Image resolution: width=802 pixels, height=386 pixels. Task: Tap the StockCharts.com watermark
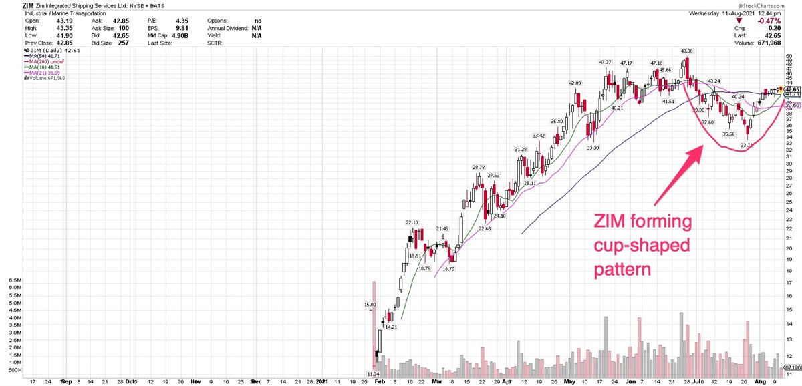pos(771,5)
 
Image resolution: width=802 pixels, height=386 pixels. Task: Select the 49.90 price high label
pos(687,51)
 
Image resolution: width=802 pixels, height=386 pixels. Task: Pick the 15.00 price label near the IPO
pos(370,305)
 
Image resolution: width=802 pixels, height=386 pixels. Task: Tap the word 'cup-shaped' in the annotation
pos(641,246)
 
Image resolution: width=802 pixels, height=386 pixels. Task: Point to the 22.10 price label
pos(412,222)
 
